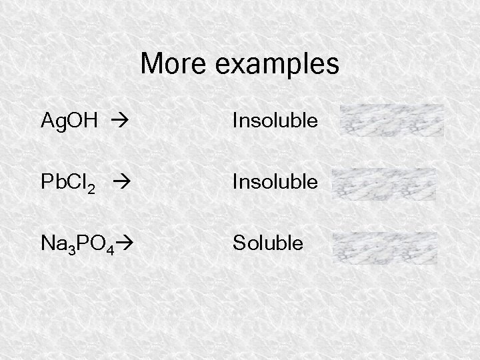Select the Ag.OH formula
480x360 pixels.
[x=70, y=121]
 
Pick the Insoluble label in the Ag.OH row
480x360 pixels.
[x=275, y=121]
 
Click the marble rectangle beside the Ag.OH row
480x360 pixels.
[x=392, y=121]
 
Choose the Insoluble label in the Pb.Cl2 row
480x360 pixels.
[x=275, y=181]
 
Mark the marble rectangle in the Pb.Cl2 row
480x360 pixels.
[x=383, y=184]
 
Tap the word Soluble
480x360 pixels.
[x=267, y=242]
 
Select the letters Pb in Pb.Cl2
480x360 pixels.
[x=51, y=182]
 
